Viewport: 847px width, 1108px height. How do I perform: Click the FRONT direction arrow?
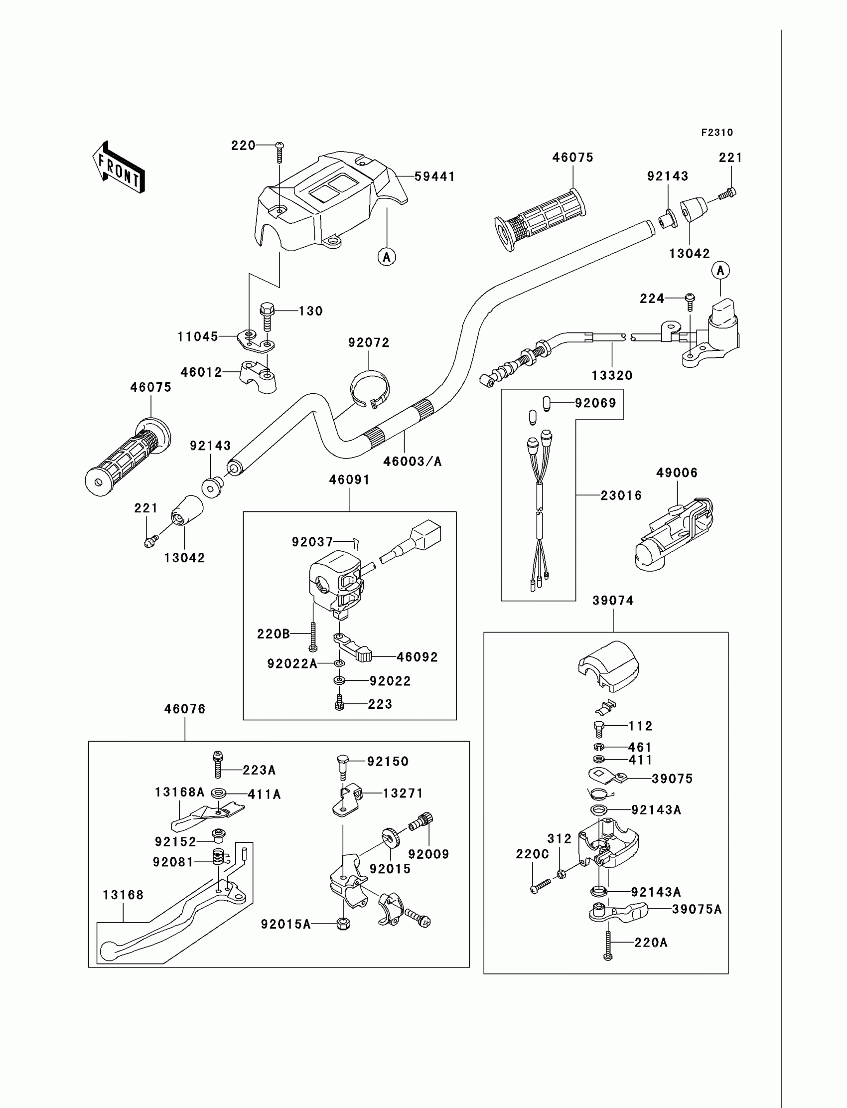(119, 168)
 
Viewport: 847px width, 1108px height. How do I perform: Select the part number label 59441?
(434, 176)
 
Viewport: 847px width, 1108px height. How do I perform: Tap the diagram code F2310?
(717, 133)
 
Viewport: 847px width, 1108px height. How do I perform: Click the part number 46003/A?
(412, 462)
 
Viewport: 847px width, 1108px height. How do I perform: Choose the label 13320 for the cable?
(612, 375)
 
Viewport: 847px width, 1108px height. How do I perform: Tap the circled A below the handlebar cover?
(387, 257)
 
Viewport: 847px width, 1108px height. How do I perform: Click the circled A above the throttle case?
(720, 271)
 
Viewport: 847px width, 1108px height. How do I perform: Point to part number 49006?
(677, 473)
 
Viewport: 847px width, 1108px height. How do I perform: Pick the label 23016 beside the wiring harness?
(621, 496)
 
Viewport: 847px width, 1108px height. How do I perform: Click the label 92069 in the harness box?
(595, 403)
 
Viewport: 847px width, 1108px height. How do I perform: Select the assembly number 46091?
(349, 479)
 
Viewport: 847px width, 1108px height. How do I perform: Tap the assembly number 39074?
(613, 600)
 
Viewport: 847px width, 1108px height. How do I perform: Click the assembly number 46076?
(184, 709)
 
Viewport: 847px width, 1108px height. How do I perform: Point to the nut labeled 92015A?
(343, 924)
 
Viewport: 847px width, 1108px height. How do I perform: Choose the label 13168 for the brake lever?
(123, 895)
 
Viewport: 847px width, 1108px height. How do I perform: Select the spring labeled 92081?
(218, 856)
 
